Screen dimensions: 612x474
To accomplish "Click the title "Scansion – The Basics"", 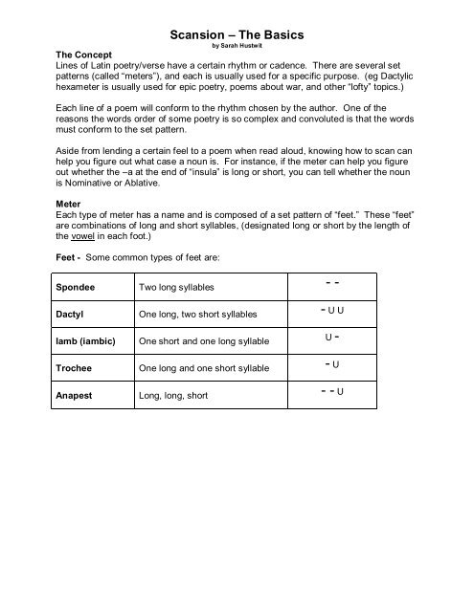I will point(237,35).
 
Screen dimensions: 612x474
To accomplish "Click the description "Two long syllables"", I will point(176,287).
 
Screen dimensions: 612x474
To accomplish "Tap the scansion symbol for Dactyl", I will point(334,312).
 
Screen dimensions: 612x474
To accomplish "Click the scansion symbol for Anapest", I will point(334,392).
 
